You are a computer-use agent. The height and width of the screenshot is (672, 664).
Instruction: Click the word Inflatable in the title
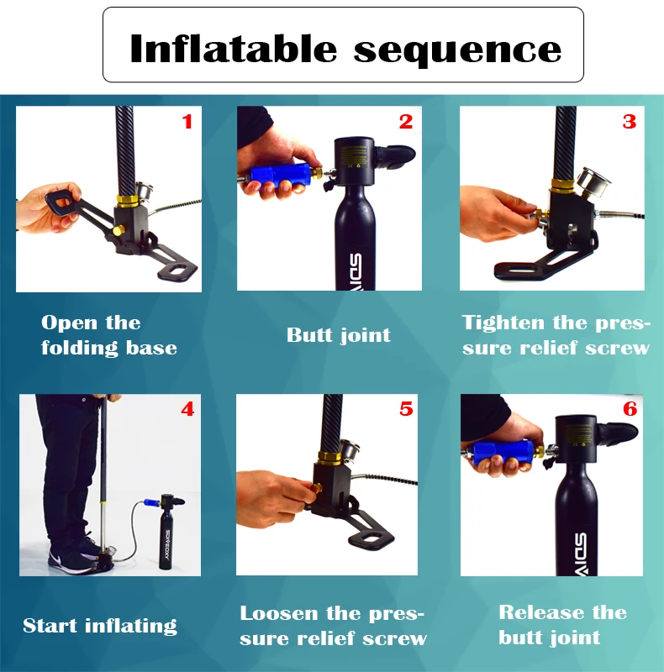click(234, 49)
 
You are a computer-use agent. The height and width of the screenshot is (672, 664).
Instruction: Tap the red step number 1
click(187, 122)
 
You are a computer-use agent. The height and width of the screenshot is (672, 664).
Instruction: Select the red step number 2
click(406, 122)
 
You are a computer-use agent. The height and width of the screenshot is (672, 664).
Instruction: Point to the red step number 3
click(630, 122)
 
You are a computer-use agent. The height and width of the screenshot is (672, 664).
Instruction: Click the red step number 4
click(187, 409)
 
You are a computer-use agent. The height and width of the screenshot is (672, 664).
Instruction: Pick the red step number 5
click(406, 409)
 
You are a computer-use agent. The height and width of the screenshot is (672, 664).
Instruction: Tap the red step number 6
click(630, 409)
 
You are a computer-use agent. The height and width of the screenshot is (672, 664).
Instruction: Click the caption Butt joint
click(339, 335)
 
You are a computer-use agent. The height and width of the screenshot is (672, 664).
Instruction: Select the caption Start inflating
click(100, 626)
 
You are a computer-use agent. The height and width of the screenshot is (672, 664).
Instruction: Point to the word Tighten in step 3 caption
click(503, 323)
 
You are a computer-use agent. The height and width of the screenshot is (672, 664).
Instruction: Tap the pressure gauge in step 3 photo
click(594, 182)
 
